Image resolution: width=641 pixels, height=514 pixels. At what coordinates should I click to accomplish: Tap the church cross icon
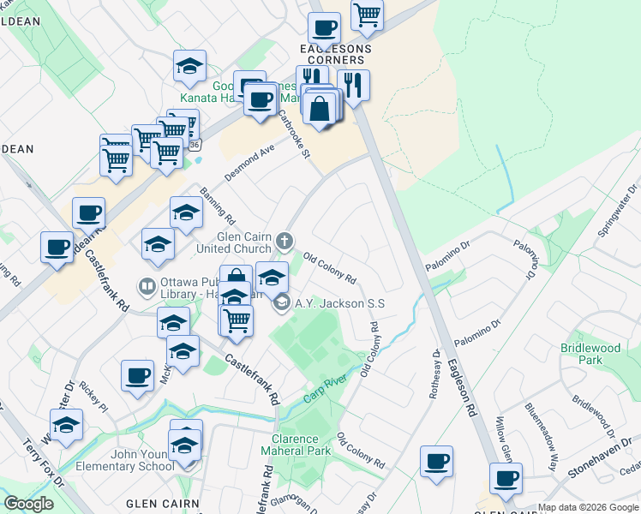[x=284, y=239]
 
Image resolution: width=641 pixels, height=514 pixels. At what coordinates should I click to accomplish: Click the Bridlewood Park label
[x=590, y=354]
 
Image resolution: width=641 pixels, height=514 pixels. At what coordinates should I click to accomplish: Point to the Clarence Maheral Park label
[x=295, y=445]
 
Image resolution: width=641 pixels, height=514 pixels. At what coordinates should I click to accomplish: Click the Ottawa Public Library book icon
[x=147, y=285]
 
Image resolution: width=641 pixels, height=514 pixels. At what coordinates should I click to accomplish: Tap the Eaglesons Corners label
[x=329, y=54]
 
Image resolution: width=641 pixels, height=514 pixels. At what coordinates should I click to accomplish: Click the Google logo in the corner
[x=28, y=504]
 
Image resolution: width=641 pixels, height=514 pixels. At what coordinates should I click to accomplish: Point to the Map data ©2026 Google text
[x=588, y=508]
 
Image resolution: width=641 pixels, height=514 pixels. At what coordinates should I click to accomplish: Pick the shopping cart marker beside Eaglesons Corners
[x=367, y=15]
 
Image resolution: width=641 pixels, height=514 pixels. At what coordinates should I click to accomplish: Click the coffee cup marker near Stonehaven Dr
[x=506, y=478]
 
